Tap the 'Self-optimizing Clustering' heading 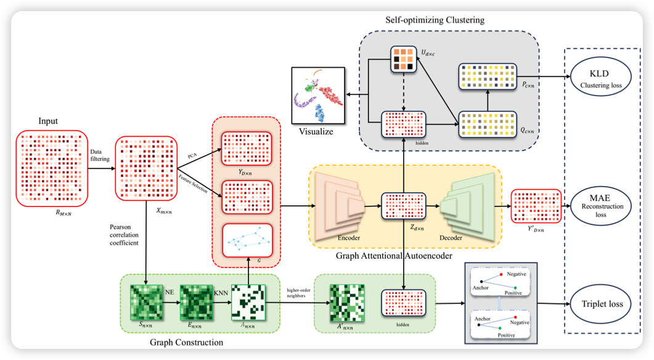coord(435,20)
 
